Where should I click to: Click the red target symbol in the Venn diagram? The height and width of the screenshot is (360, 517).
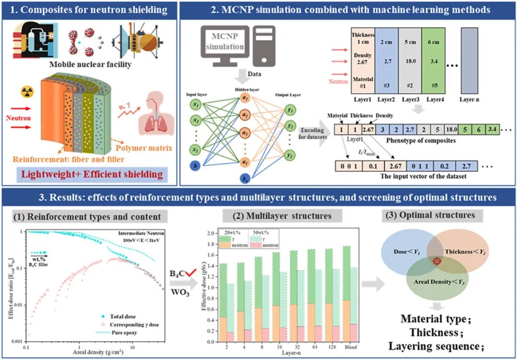point(436,261)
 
